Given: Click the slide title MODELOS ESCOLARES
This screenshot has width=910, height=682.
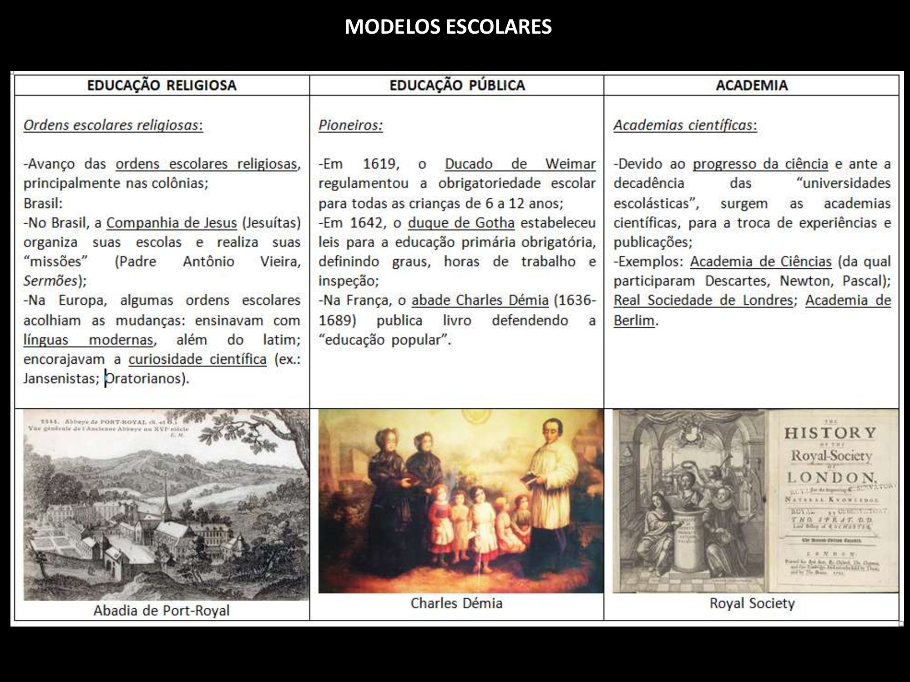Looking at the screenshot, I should [x=448, y=27].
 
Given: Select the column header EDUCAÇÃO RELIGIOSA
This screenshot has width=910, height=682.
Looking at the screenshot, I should [x=162, y=85].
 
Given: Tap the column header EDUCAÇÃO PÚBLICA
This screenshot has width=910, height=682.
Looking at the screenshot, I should [x=457, y=85].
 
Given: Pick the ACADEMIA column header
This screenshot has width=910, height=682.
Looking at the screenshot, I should [x=752, y=85].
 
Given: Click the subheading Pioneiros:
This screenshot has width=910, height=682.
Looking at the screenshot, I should [x=350, y=125].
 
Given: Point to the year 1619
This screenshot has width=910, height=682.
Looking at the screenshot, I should [x=381, y=164].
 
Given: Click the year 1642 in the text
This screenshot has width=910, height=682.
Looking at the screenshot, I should [x=368, y=223].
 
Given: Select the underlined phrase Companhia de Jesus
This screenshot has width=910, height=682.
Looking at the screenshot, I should [x=172, y=223].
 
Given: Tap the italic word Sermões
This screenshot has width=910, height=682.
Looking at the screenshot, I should [x=51, y=281].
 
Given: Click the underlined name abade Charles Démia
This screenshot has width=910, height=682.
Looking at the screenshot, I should [x=480, y=301].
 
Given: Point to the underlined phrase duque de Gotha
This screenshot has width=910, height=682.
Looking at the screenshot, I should [x=461, y=223].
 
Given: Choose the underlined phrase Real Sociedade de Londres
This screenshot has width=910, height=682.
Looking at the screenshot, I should [x=703, y=301].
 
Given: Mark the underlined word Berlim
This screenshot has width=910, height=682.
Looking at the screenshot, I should [x=634, y=321].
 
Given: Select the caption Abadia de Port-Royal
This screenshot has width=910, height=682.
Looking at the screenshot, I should [x=162, y=610].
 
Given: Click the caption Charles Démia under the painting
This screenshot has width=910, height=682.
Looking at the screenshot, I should [x=456, y=603].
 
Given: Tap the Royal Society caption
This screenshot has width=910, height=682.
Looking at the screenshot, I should [x=752, y=603].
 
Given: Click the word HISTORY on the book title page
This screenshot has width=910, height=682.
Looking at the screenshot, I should [x=830, y=433].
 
